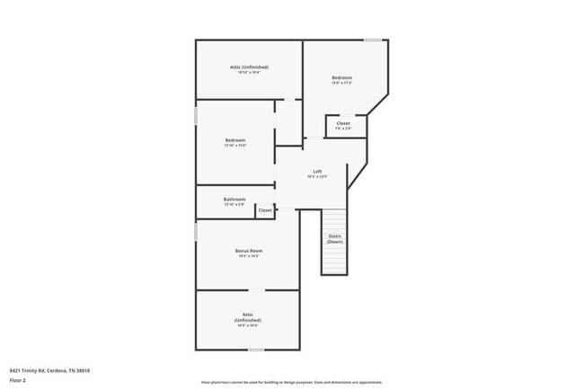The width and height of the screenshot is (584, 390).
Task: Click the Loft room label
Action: pyautogui.click(x=317, y=171)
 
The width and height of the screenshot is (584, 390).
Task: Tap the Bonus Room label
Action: pyautogui.click(x=248, y=250)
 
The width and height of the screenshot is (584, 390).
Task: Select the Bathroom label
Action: pyautogui.click(x=234, y=199)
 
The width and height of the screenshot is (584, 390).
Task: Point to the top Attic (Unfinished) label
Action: pyautogui.click(x=249, y=66)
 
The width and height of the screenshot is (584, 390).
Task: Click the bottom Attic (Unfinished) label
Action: pyautogui.click(x=248, y=317)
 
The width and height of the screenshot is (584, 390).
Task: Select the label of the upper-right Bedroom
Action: pyautogui.click(x=341, y=77)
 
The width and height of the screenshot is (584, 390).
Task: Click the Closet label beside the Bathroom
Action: pyautogui.click(x=265, y=210)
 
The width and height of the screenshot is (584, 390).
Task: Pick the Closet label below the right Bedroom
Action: pyautogui.click(x=343, y=123)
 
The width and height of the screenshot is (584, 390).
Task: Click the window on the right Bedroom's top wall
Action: pyautogui.click(x=372, y=40)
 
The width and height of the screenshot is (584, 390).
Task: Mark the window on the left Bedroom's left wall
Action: pyautogui.click(x=196, y=116)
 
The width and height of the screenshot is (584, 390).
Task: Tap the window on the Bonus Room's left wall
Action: pyautogui.click(x=196, y=232)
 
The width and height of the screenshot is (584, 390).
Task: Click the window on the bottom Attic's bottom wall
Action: pyautogui.click(x=256, y=350)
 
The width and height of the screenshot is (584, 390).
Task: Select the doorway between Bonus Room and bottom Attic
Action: pyautogui.click(x=257, y=290)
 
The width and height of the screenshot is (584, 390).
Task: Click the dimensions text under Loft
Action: pyautogui.click(x=317, y=177)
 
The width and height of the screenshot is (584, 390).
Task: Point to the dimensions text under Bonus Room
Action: pyautogui.click(x=248, y=256)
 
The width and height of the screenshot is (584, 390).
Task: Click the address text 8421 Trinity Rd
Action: pyautogui.click(x=49, y=370)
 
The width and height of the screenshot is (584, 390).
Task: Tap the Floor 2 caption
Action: pyautogui.click(x=18, y=380)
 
